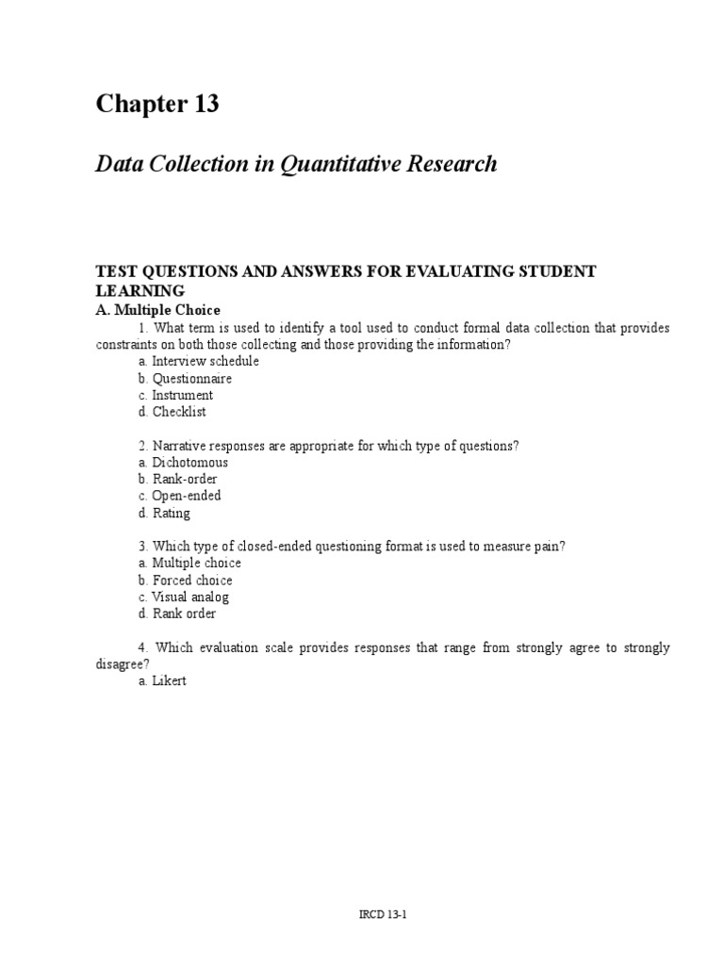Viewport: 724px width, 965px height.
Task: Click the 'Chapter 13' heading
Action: pos(157,105)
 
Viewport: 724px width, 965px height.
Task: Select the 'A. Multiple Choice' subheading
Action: pos(157,310)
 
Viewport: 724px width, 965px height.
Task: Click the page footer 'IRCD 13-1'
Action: pos(362,913)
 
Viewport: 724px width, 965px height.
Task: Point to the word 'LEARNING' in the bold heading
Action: pos(140,290)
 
